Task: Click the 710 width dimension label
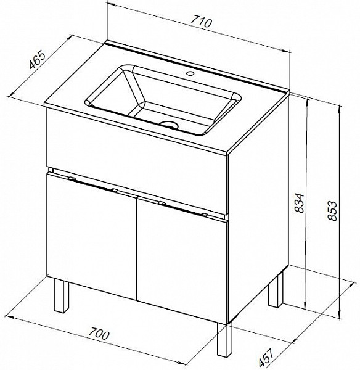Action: (202, 22)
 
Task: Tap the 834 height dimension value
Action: (300, 203)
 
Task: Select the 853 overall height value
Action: (333, 210)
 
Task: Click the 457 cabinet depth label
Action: (266, 357)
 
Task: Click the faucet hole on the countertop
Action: (190, 73)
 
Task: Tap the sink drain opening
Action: (169, 125)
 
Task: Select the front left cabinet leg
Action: (61, 295)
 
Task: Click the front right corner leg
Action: (224, 340)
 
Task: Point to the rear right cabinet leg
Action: (276, 290)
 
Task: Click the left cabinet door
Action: (92, 237)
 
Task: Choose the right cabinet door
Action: (182, 261)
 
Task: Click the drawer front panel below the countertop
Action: (137, 161)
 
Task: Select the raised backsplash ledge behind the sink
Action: (198, 67)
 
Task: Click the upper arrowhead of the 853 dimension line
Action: (340, 109)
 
